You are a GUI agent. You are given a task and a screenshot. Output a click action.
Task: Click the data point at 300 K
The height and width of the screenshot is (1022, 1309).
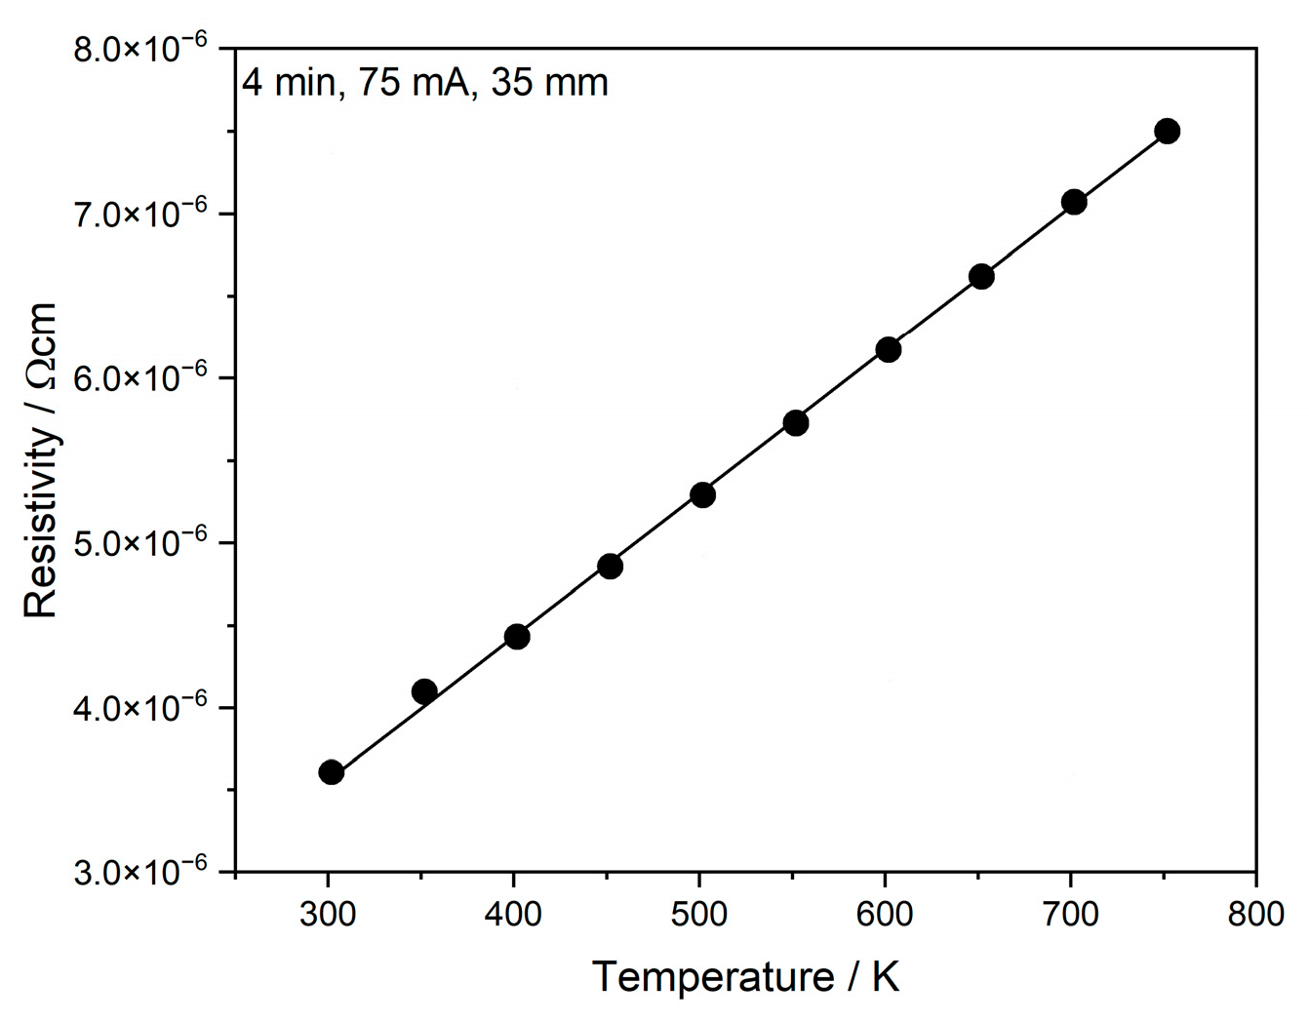(331, 772)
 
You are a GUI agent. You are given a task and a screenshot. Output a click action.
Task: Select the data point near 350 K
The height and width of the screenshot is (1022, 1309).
(424, 691)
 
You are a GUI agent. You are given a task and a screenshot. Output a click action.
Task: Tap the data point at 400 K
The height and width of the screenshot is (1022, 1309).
(517, 637)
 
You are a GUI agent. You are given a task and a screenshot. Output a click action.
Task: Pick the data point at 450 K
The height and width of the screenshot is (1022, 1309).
(610, 566)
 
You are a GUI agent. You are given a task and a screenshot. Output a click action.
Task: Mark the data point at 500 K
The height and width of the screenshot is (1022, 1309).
(702, 494)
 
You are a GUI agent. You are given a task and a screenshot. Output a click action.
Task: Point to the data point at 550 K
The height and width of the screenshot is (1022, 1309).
(795, 422)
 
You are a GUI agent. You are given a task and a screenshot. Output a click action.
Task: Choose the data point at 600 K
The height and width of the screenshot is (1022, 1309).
(888, 349)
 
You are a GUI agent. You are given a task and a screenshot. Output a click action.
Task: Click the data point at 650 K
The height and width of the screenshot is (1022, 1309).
(981, 277)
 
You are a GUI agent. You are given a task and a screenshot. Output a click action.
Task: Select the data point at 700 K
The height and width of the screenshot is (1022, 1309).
(1074, 202)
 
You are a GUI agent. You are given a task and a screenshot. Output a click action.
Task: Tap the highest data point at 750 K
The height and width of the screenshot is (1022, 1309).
(1167, 131)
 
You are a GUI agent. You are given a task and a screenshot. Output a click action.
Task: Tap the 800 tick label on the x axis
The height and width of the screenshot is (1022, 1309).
(1255, 915)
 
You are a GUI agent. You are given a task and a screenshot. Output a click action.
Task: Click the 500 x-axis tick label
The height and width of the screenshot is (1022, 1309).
(698, 915)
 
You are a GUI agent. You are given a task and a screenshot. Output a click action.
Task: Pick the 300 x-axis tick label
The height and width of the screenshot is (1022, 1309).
(328, 915)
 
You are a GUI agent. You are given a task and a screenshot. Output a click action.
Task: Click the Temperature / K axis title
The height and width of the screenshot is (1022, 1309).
(745, 976)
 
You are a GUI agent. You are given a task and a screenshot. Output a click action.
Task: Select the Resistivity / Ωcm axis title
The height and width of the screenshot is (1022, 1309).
(41, 459)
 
